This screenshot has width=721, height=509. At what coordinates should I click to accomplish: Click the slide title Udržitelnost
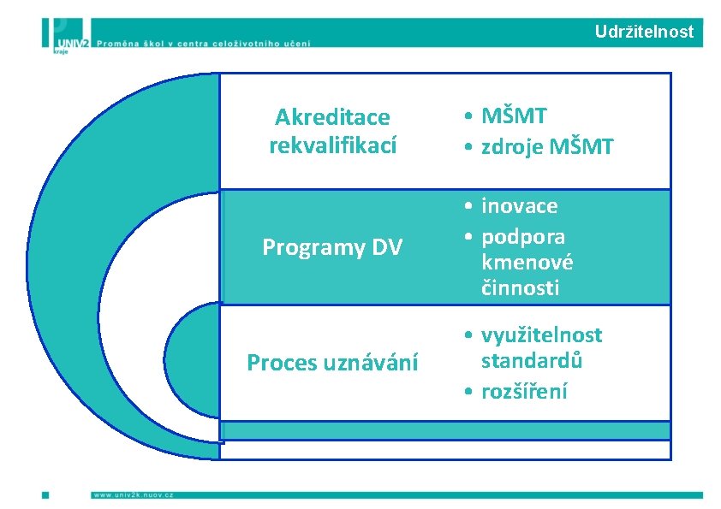644,33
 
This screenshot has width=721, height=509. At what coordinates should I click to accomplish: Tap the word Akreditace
332,116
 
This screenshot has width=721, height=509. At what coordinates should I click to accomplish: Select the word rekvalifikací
332,146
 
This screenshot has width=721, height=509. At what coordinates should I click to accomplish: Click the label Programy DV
332,247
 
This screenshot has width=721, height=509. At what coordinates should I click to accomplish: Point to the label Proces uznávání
332,363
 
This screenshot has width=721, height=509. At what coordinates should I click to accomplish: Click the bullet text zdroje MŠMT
547,147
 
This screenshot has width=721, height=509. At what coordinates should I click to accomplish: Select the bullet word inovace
519,206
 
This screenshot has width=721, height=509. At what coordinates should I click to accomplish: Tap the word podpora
523,235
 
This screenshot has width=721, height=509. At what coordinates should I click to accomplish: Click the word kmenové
527,262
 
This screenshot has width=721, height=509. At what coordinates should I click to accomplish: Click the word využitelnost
541,334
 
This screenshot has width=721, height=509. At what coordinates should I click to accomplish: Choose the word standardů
532,360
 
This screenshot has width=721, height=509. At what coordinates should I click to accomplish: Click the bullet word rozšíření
524,392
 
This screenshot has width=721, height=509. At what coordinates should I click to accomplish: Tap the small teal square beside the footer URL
45,494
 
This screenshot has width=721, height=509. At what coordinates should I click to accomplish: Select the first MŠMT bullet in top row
514,116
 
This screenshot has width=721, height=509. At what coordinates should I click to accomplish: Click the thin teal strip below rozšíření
445,431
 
